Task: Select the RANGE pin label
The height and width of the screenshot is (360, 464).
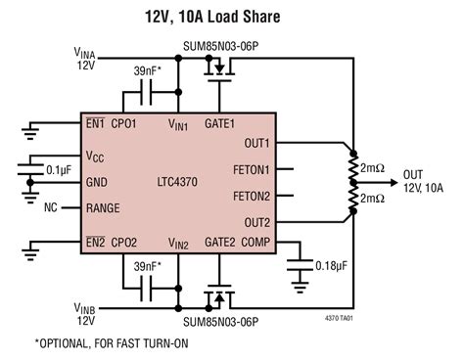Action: pos(104,207)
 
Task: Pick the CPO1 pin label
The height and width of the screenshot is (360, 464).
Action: pos(123,125)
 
